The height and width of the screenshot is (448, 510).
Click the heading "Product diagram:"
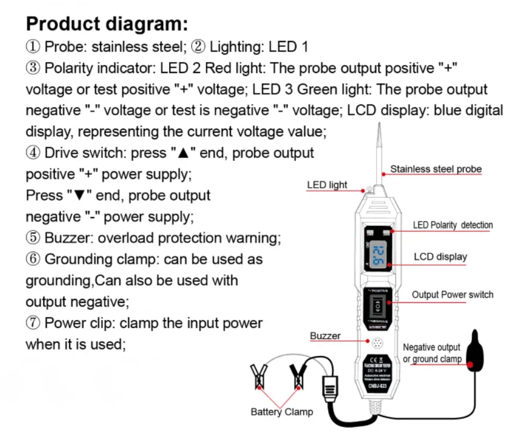(x=107, y=24)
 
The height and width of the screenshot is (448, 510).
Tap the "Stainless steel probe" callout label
(x=436, y=169)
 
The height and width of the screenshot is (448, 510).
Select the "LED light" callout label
(x=327, y=185)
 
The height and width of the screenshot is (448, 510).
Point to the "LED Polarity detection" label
(x=453, y=225)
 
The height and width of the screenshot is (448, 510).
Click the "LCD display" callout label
(x=440, y=257)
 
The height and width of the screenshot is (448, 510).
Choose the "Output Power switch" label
(x=452, y=294)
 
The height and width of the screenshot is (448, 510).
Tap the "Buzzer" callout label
(x=325, y=336)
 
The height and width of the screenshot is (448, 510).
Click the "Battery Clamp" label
(x=282, y=412)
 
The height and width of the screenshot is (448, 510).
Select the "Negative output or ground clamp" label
(x=432, y=353)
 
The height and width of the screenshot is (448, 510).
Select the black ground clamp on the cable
(x=474, y=354)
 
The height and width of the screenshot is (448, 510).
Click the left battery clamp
(x=257, y=377)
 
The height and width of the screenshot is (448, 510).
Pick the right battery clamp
(x=297, y=377)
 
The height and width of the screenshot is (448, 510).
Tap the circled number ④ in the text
(x=33, y=153)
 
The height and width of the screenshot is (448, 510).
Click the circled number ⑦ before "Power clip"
(x=33, y=323)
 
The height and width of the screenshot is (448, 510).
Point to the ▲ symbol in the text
(x=182, y=153)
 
